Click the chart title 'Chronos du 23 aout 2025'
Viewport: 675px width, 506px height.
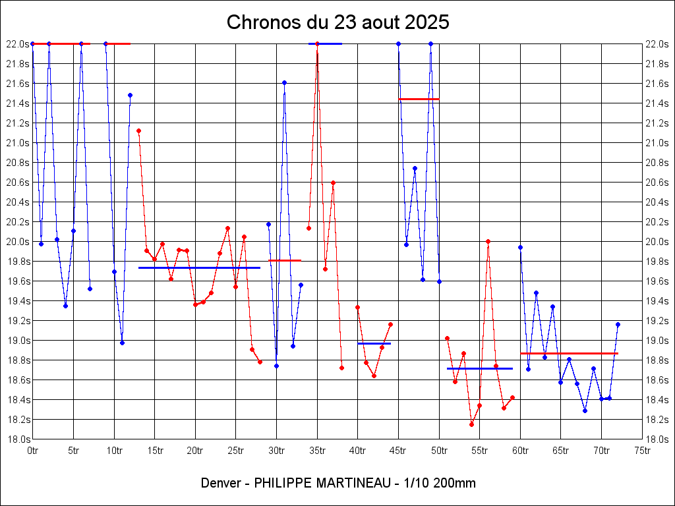point(337,22)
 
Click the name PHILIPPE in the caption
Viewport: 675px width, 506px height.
point(282,483)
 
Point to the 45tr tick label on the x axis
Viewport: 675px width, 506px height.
point(397,451)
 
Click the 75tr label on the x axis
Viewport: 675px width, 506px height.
point(642,451)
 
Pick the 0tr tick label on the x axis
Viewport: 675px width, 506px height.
point(33,451)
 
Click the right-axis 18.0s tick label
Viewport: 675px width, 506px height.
point(659,439)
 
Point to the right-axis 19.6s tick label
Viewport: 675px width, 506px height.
point(659,281)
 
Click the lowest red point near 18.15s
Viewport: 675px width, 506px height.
point(471,424)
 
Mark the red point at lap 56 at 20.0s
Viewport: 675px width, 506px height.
point(488,241)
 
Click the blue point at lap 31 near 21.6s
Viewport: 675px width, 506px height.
point(284,82)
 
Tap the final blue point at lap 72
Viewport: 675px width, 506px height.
point(618,324)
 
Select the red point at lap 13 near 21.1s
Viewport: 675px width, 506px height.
point(138,130)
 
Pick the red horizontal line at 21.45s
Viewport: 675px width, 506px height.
point(419,99)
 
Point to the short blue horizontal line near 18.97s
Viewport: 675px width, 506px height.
point(374,343)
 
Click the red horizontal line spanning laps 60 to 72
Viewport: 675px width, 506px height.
point(569,354)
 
